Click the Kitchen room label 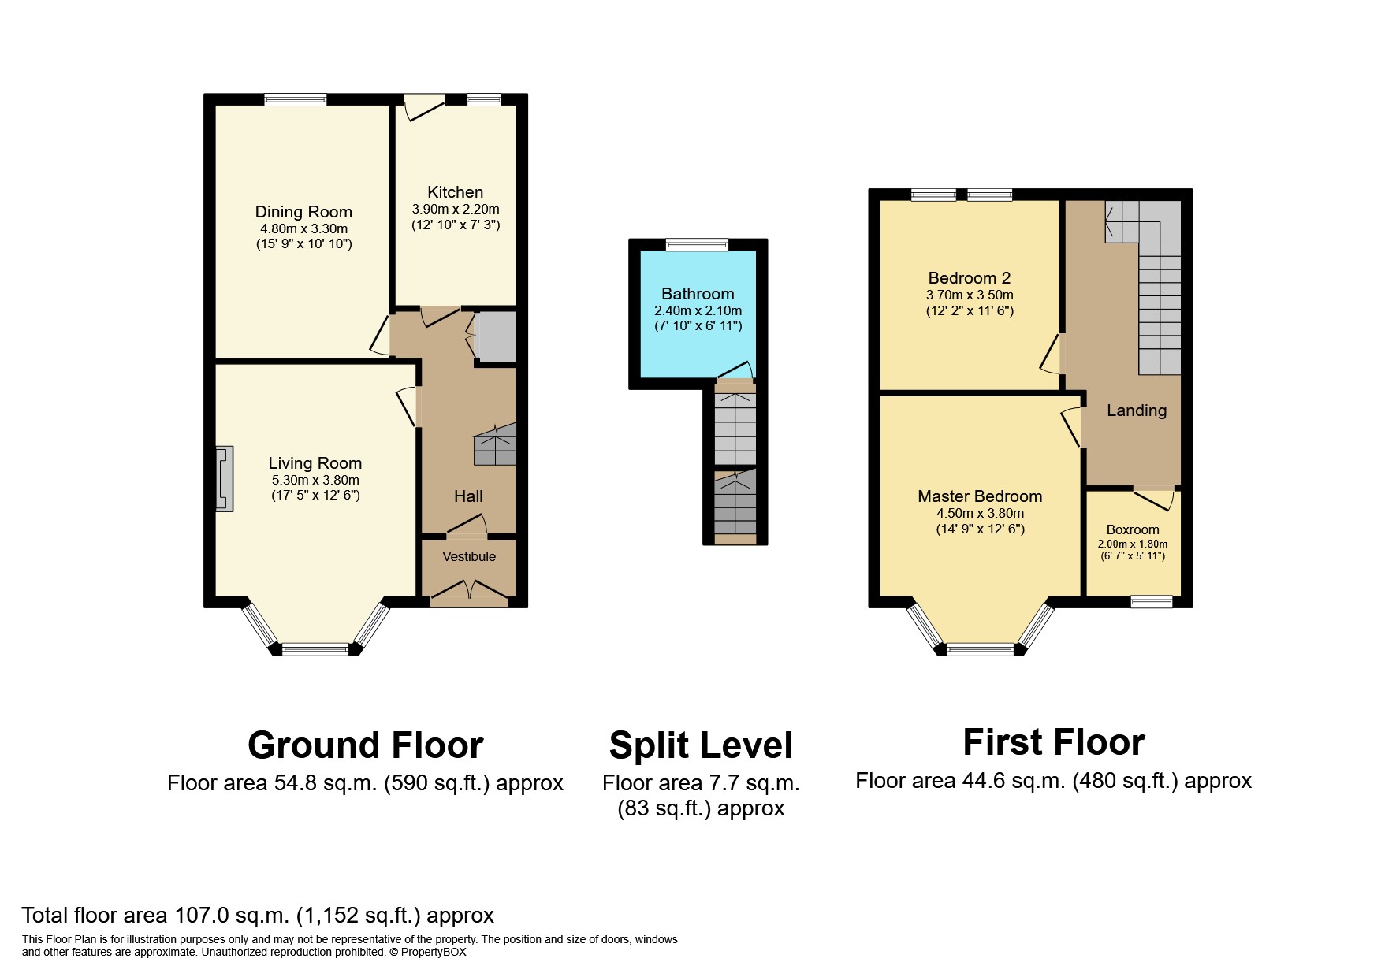[455, 192]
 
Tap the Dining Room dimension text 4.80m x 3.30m [303, 228]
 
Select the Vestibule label [469, 556]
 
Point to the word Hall [468, 496]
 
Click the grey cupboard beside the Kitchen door [497, 336]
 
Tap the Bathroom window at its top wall [697, 245]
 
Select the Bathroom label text [698, 294]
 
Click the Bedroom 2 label [969, 278]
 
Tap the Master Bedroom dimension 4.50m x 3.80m [980, 513]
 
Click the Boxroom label [1133, 529]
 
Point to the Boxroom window [1152, 601]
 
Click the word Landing [1136, 410]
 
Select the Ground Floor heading [365, 745]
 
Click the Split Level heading [700, 745]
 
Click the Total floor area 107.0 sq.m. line [258, 916]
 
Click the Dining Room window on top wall [295, 99]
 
